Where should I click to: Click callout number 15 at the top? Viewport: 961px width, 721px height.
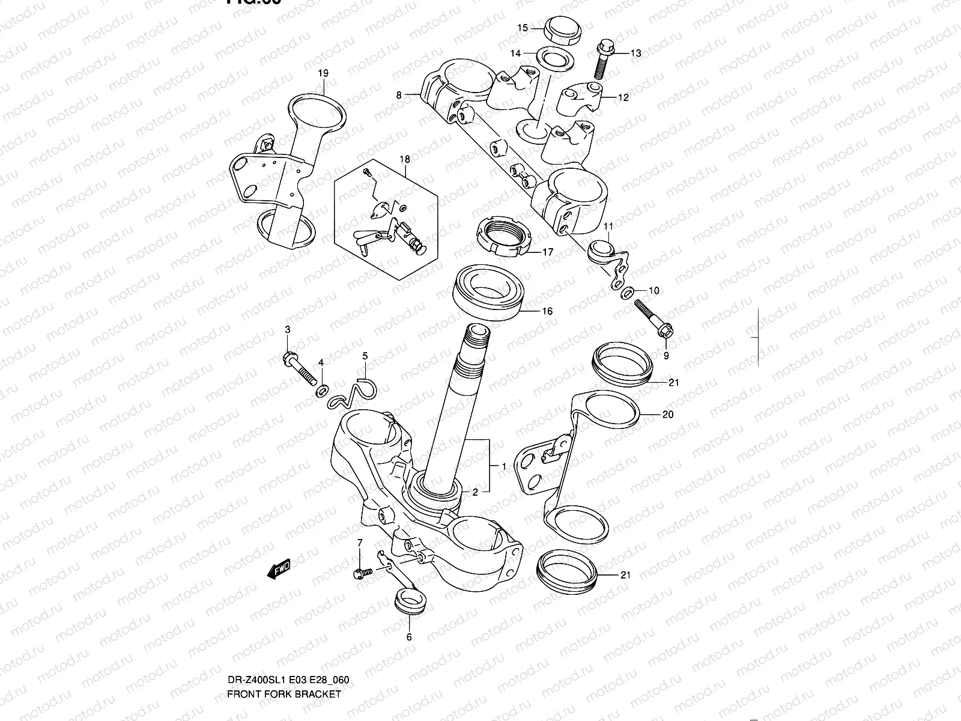point(523,28)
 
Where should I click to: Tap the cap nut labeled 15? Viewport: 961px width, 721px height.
point(563,31)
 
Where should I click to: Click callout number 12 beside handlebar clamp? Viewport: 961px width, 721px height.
point(623,97)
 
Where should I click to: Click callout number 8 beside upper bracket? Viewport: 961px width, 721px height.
point(398,94)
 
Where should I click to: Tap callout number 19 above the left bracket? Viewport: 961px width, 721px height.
point(323,73)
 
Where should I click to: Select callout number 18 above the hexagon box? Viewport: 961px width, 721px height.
point(405,159)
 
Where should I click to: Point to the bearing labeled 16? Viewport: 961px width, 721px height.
point(490,290)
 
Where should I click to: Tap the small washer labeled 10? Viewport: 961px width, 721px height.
point(626,293)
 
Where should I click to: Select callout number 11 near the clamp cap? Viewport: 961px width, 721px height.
point(608,226)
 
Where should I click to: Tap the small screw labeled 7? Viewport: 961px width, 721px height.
point(362,574)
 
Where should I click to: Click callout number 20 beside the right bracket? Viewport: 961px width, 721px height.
point(668,415)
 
